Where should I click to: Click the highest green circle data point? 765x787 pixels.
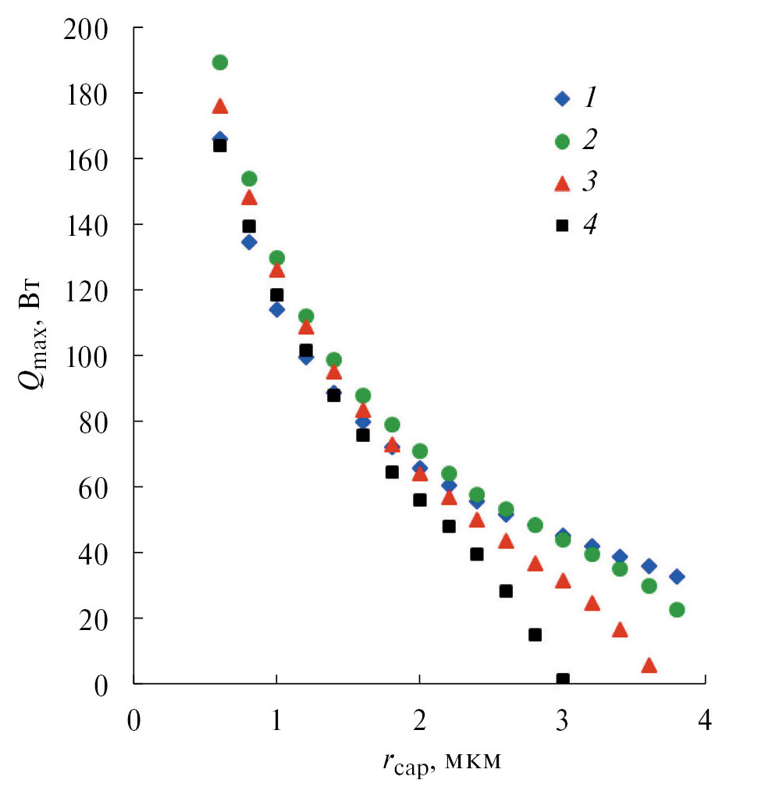(x=220, y=62)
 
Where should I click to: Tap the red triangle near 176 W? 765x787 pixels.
(x=220, y=106)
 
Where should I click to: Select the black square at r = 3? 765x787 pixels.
(x=563, y=680)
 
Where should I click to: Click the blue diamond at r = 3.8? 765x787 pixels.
(x=677, y=576)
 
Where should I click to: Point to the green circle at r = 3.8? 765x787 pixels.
(x=677, y=610)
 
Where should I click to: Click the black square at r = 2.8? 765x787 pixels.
(x=535, y=635)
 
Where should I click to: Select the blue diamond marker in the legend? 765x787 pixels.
(x=559, y=99)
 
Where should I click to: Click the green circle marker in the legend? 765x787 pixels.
(x=559, y=141)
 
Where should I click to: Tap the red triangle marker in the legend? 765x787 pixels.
(x=559, y=183)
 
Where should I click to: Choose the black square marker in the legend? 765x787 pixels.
(x=559, y=226)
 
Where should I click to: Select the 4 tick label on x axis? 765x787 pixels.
(x=705, y=718)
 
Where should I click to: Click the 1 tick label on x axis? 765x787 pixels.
(x=276, y=718)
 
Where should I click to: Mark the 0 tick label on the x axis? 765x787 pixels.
(x=134, y=718)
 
